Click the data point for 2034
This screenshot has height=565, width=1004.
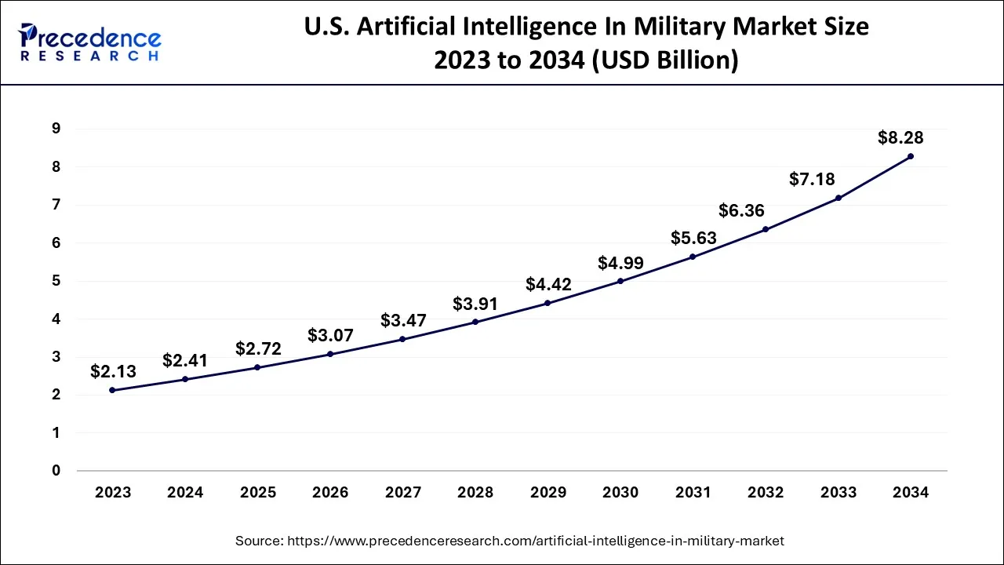click(911, 156)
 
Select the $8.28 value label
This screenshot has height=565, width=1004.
click(900, 138)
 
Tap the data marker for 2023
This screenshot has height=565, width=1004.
click(112, 390)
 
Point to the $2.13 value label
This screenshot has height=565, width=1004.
click(114, 370)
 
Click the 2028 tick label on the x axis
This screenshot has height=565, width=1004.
click(475, 493)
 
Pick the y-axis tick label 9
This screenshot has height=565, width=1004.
click(56, 129)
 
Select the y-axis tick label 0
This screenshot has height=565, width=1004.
click(56, 471)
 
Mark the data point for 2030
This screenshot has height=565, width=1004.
click(620, 281)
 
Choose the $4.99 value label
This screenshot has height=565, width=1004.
click(620, 263)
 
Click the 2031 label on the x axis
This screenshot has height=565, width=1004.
click(693, 493)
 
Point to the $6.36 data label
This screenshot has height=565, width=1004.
click(741, 211)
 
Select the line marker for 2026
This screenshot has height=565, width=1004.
click(330, 354)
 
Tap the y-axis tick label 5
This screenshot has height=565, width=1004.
click(56, 281)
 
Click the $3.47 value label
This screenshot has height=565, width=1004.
click(403, 320)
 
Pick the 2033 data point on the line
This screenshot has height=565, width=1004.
click(838, 198)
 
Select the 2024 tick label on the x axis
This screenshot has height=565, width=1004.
click(185, 493)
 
